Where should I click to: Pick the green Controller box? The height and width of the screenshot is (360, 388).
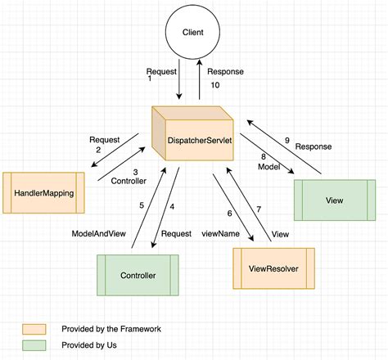(138, 276)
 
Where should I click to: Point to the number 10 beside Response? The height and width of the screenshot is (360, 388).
(215, 84)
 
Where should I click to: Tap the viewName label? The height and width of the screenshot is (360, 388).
(220, 233)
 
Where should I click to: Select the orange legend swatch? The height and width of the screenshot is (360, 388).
(35, 328)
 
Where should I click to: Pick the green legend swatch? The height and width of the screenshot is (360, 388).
(35, 345)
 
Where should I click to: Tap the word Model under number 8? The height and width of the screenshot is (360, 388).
(268, 166)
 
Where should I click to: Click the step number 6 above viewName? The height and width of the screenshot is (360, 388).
(229, 213)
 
